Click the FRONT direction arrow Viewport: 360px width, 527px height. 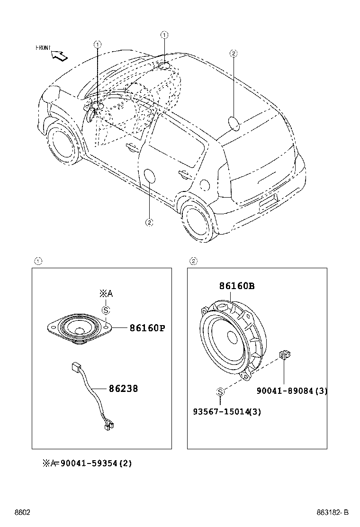60,55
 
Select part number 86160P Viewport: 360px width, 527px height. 147,328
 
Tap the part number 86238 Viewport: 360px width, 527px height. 123,389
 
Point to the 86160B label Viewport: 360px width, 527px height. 237,286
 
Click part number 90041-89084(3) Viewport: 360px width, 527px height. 292,391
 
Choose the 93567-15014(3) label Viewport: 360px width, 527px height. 227,412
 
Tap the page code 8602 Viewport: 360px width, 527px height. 22,513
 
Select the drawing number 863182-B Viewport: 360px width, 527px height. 333,513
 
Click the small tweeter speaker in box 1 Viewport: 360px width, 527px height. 79,328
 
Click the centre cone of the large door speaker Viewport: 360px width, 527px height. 232,337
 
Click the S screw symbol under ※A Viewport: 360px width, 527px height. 106,310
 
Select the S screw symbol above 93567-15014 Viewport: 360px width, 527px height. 220,392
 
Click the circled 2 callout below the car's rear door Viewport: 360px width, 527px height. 149,222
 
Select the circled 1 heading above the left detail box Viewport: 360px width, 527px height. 38,261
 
